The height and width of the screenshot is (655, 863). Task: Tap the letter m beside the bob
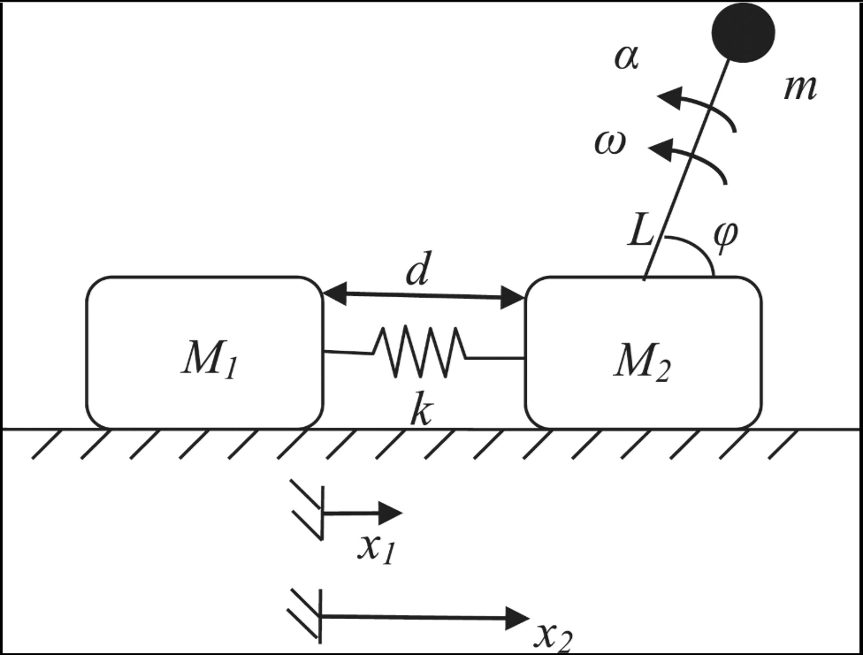[799, 88]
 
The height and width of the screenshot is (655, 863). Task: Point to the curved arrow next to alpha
[699, 108]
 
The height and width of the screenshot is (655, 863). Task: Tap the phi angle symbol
[724, 238]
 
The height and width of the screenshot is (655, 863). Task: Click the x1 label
[375, 548]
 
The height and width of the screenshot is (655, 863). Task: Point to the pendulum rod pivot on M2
[645, 278]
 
